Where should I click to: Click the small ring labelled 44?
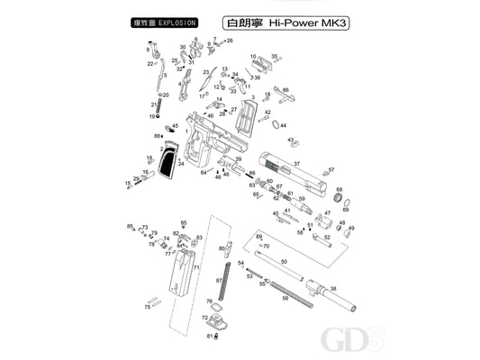coord(272,126)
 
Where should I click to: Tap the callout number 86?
coord(285,90)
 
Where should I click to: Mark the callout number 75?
coord(148,308)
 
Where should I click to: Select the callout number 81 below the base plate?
coord(209,337)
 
